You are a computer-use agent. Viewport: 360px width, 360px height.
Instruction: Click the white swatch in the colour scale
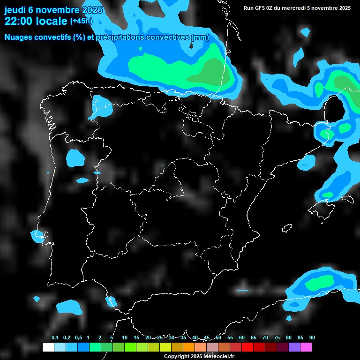point(48,347)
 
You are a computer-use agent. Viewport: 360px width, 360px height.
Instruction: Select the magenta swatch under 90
point(306,347)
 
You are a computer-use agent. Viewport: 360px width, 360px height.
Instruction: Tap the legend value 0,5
point(78,338)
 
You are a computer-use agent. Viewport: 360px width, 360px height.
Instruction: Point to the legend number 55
point(230,338)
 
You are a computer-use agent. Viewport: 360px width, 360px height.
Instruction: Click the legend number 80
point(289,338)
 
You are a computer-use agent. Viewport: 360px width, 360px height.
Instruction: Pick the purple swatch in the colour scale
point(294,347)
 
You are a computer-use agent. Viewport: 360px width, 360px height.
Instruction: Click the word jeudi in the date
point(15,10)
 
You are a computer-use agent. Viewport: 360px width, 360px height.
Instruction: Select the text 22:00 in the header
point(19,21)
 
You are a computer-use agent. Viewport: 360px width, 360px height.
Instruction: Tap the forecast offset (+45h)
point(81,21)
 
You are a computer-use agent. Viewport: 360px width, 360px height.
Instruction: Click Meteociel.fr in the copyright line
point(217,357)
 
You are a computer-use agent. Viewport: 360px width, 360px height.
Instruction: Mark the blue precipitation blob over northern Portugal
point(75,158)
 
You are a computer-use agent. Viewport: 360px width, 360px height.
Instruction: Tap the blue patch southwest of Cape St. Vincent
point(69,307)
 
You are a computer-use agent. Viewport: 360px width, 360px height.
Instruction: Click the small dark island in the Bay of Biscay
point(192,45)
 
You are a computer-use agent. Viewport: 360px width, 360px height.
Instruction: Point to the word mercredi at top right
point(293,8)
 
